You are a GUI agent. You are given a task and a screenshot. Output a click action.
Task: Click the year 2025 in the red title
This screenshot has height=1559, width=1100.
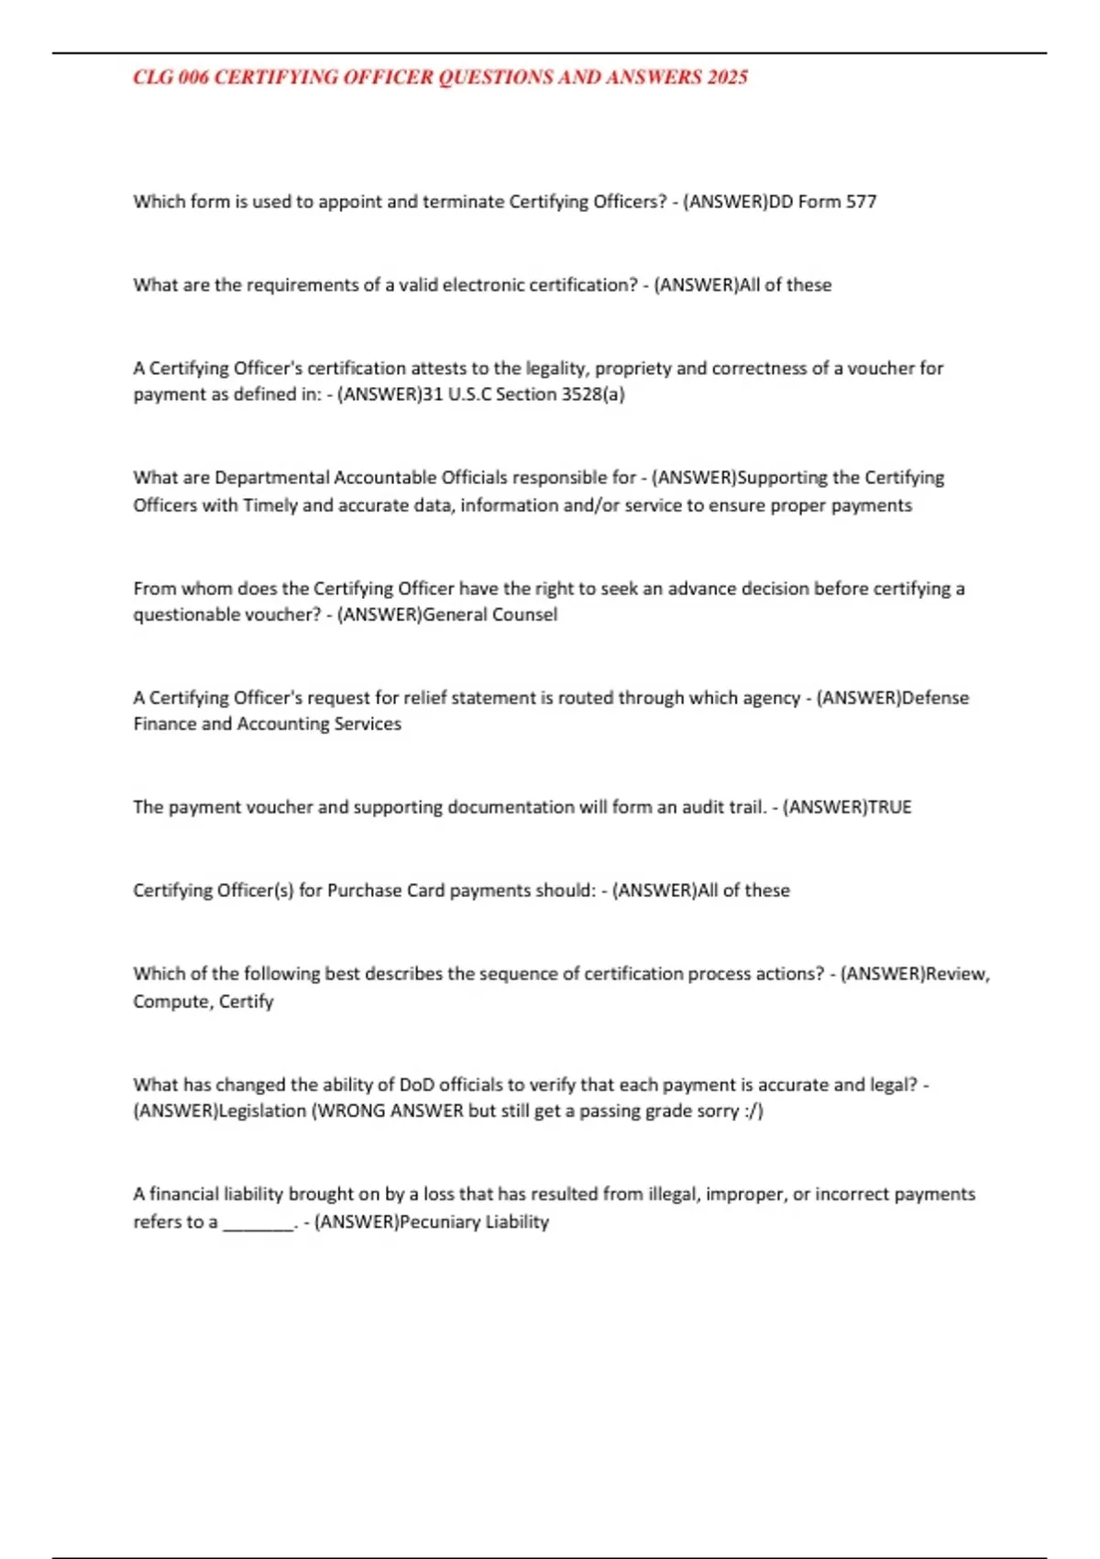(727, 78)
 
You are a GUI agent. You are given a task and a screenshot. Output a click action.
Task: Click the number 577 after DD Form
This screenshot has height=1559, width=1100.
(861, 202)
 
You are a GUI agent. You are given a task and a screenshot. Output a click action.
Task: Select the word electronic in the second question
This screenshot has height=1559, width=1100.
(484, 285)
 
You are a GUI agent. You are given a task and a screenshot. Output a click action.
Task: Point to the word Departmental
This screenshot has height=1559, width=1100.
(271, 478)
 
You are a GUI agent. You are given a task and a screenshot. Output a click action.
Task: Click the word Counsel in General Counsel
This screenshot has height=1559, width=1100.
(524, 614)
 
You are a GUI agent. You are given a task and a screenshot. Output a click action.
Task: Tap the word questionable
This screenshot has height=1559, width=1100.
(187, 614)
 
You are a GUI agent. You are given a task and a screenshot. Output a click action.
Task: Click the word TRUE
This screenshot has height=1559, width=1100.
(889, 807)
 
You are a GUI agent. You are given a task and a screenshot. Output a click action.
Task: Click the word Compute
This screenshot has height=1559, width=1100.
(171, 1001)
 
